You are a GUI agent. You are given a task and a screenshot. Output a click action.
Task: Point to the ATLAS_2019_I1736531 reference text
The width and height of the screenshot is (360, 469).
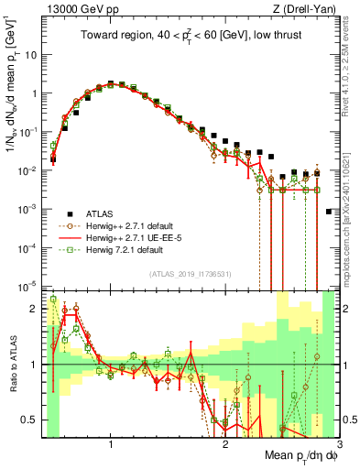click(x=191, y=274)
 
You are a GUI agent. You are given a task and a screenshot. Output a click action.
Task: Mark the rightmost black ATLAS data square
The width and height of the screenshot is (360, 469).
click(x=329, y=212)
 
